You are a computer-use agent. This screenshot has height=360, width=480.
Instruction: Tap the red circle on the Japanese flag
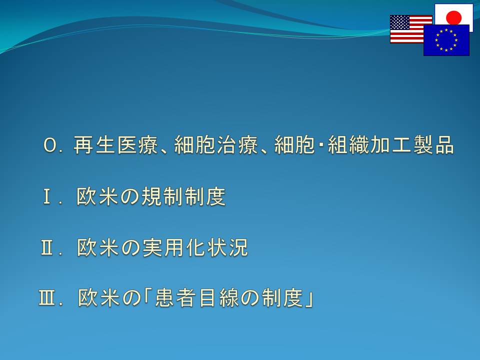[x=453, y=17]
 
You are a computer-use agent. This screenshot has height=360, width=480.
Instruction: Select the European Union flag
[x=446, y=40]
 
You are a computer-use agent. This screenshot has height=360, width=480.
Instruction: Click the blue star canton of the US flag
[x=400, y=22]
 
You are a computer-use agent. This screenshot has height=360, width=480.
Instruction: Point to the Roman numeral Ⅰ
[x=47, y=196]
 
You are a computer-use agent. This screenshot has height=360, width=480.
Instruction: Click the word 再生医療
[x=115, y=145]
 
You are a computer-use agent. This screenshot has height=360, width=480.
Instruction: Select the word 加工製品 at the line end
[x=411, y=145]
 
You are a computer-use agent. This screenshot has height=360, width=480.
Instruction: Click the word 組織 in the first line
[x=348, y=145]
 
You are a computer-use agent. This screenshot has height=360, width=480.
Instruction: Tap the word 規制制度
[x=183, y=196]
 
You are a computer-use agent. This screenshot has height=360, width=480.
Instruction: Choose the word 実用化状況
[x=195, y=247]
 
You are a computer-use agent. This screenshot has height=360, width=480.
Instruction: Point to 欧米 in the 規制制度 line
[x=97, y=196]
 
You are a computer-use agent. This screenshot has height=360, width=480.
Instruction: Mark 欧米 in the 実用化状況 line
[x=97, y=247]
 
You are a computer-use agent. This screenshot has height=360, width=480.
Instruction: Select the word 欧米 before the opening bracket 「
[x=98, y=297]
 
